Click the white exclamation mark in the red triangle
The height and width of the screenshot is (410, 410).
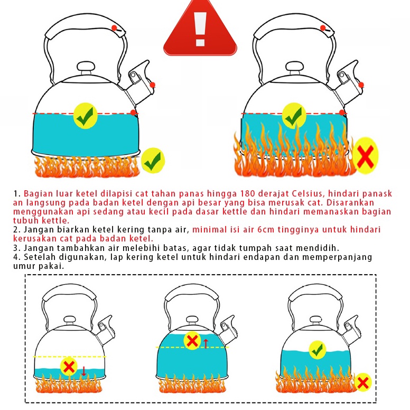(x=201, y=29)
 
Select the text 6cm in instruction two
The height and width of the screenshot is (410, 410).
(x=266, y=230)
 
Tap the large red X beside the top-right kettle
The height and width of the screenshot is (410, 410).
(x=366, y=156)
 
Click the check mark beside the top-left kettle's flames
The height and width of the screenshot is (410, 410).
(x=153, y=160)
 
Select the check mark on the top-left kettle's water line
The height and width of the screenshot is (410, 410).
(x=85, y=115)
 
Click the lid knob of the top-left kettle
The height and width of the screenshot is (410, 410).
(x=86, y=67)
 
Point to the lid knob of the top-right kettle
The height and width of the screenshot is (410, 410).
(x=294, y=67)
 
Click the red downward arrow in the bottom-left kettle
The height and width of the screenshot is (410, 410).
(x=83, y=371)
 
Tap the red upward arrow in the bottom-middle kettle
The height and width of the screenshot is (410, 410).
(x=206, y=343)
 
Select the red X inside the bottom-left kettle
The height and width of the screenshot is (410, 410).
(x=69, y=367)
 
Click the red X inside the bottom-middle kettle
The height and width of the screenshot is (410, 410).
(x=192, y=341)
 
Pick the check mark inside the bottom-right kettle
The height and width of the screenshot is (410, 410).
(x=318, y=350)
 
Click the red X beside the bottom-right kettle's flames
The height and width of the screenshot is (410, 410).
(x=362, y=383)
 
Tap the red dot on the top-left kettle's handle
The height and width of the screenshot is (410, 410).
(x=114, y=28)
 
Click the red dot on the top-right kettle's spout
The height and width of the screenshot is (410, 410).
(x=361, y=85)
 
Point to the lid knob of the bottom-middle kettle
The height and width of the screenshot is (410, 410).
(x=192, y=320)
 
